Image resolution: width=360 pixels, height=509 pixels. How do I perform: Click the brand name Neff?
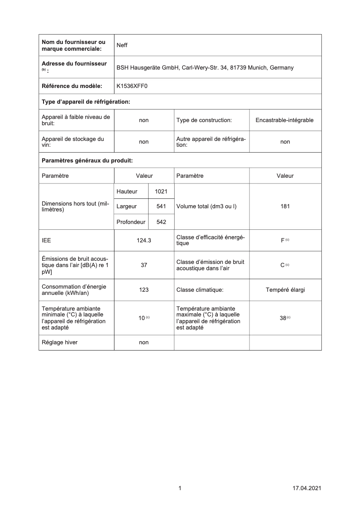click(122, 45)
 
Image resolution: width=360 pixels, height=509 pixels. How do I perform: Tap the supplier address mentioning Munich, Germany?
click(205, 68)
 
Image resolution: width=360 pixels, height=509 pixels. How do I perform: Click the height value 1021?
click(161, 192)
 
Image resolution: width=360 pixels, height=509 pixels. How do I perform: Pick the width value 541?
click(161, 206)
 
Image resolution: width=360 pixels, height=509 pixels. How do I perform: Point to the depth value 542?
click(161, 222)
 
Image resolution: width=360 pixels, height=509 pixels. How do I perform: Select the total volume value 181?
click(285, 206)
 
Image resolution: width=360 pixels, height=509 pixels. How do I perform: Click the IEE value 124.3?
click(144, 241)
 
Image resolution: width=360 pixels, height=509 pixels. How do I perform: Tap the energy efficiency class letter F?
click(283, 241)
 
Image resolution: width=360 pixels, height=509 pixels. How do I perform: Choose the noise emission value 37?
click(144, 265)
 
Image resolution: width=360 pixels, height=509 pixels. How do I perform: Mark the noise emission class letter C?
click(283, 265)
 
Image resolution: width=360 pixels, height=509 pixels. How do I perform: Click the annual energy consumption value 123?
click(144, 290)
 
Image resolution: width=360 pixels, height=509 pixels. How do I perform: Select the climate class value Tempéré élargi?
click(285, 290)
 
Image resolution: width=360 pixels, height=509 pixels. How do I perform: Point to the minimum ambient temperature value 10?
click(142, 318)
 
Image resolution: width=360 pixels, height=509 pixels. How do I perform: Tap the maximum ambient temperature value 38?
click(283, 318)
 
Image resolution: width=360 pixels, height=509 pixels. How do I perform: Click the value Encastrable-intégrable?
click(285, 120)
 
